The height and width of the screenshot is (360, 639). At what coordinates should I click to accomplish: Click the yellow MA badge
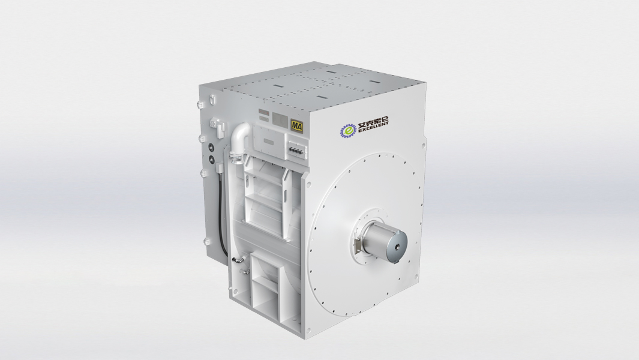pos(296,125)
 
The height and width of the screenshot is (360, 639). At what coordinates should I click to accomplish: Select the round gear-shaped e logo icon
pos(349,130)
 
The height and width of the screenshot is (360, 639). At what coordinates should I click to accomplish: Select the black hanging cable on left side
pos(222,210)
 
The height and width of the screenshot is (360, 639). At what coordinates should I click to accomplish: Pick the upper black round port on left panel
pos(211,148)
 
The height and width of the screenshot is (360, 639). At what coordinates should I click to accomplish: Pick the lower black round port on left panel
pos(211,160)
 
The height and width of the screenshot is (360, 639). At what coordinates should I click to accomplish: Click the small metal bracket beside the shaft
pos(358,246)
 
